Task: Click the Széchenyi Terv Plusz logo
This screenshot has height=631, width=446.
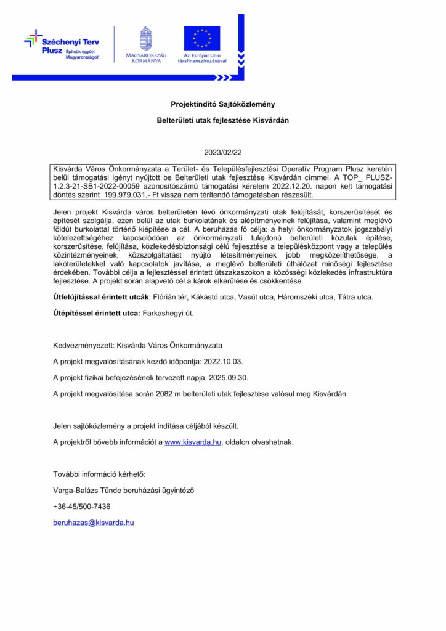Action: [x=61, y=44]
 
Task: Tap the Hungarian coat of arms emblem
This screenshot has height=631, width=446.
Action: [x=145, y=38]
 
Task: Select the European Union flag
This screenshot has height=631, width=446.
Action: [x=201, y=38]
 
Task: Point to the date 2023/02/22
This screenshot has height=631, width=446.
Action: [x=222, y=152]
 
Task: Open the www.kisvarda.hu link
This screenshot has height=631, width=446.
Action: [x=193, y=442]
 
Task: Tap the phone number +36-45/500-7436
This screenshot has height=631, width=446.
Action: [x=82, y=507]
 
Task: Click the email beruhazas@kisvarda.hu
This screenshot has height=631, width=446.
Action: [x=94, y=523]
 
